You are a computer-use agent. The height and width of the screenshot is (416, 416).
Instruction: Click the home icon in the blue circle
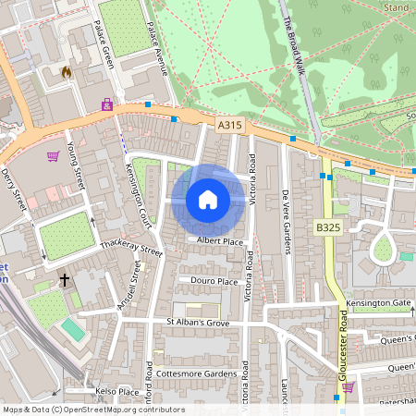208,199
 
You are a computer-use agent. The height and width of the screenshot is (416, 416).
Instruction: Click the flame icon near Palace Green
66,71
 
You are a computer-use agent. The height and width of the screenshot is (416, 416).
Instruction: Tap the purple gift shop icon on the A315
108,105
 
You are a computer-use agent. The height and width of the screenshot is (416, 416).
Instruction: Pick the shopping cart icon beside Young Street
53,155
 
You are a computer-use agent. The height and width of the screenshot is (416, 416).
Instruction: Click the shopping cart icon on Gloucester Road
348,386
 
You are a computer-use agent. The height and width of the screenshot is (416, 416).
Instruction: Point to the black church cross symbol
65,278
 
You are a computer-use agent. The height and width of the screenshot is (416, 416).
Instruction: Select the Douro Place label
214,281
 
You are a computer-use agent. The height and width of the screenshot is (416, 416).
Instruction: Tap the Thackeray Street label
131,251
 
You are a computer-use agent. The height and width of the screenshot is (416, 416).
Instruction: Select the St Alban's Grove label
197,322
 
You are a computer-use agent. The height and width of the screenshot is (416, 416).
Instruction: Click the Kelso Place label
117,392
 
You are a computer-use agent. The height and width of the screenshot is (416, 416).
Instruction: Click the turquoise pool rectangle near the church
72,329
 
